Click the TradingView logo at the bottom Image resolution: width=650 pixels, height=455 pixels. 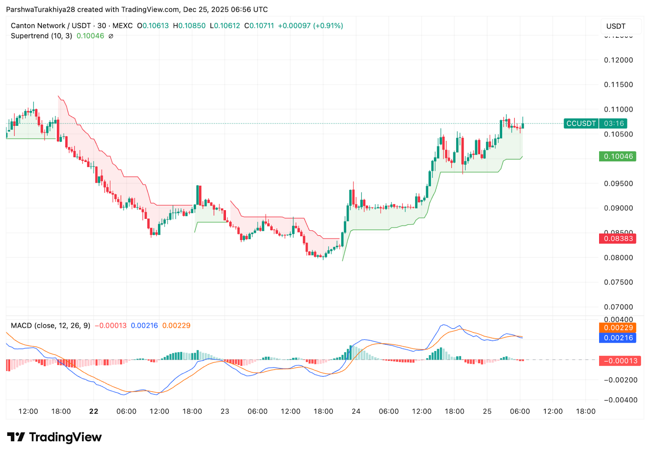(54, 437)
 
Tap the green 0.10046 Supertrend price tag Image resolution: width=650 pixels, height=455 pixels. (617, 156)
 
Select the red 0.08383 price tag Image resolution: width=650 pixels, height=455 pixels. (617, 238)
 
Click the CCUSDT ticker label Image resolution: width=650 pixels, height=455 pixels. (581, 123)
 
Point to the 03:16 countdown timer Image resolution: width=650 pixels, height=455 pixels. (613, 123)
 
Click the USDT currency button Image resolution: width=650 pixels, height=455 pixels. (616, 26)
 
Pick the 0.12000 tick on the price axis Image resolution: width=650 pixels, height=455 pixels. (618, 60)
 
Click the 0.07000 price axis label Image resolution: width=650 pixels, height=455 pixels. (618, 307)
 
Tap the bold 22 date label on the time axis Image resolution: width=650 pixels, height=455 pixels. (94, 411)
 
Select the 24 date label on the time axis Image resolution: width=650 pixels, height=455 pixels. (356, 411)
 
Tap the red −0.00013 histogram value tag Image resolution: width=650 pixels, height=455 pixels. (620, 361)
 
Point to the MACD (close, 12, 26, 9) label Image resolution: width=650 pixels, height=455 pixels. (50, 326)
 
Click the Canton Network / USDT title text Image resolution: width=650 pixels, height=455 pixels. (51, 26)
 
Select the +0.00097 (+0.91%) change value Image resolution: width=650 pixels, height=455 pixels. (310, 26)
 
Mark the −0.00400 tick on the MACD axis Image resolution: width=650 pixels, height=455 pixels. (620, 400)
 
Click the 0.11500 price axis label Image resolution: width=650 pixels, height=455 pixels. (618, 85)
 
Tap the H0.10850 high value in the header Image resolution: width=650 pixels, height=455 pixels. (189, 26)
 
